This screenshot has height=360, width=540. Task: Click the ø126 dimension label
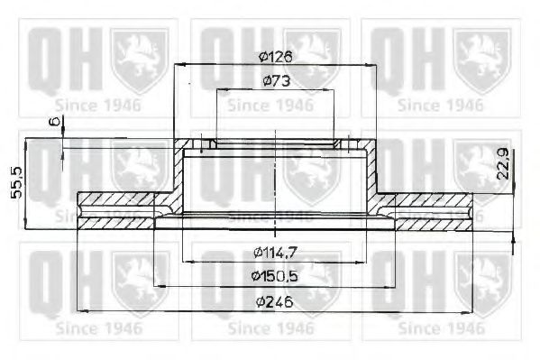tap(273, 54)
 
